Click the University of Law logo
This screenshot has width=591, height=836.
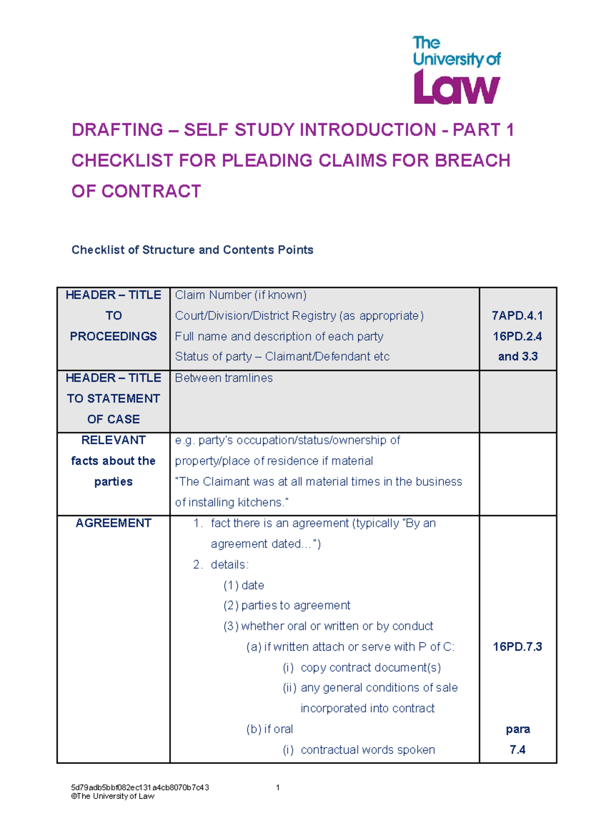[x=456, y=70]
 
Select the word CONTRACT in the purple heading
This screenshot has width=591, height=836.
[x=151, y=191]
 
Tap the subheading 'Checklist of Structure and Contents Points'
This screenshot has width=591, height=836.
[x=192, y=250]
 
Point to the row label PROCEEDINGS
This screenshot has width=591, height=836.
[x=113, y=336]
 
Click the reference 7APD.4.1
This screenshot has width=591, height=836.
[x=517, y=315]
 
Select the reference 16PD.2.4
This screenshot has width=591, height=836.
[x=517, y=336]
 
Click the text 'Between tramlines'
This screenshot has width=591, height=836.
[x=224, y=378]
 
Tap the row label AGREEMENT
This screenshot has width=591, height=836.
[x=113, y=523]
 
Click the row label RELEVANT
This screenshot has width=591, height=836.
[x=113, y=440]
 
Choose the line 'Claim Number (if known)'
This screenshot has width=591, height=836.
[x=240, y=295]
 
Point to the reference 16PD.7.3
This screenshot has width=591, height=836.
[x=517, y=647]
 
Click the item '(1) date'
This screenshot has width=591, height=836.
[x=244, y=585]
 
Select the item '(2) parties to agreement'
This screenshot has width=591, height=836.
[x=287, y=605]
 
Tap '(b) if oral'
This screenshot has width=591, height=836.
[x=269, y=729]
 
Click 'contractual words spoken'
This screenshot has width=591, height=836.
[x=367, y=750]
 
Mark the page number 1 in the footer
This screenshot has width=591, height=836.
[x=278, y=788]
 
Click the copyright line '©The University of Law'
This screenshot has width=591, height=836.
[x=113, y=796]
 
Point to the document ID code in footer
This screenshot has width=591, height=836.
[x=140, y=788]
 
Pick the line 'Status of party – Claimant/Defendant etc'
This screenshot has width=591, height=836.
[x=282, y=356]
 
